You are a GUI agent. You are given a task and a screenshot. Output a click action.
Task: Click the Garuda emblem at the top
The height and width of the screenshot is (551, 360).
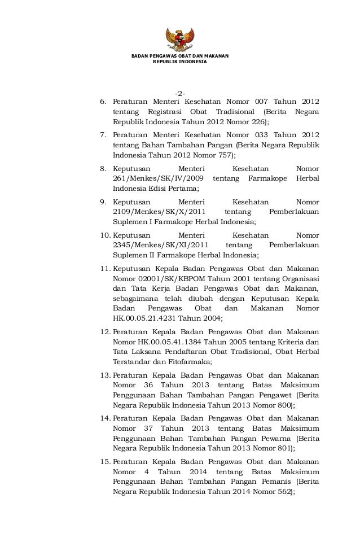(179, 40)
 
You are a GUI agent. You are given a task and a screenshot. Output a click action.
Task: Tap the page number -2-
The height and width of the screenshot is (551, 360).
(180, 93)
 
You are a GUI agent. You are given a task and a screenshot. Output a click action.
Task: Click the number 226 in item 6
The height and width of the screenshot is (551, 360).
(257, 122)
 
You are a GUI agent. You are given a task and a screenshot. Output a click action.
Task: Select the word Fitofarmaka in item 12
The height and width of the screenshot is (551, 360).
(190, 362)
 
